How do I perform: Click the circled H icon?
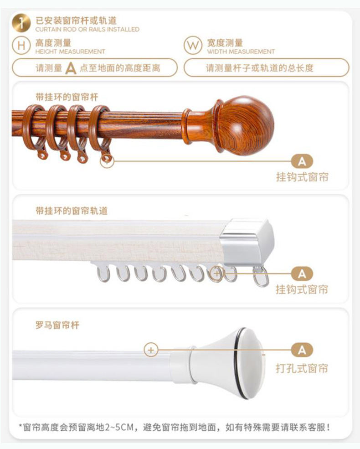pyautogui.click(x=21, y=46)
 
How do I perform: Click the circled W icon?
pyautogui.click(x=193, y=46)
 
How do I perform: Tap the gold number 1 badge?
pyautogui.click(x=21, y=24)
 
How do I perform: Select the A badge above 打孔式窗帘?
pyautogui.click(x=302, y=350)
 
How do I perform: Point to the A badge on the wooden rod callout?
pyautogui.click(x=302, y=161)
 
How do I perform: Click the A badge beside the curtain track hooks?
pyautogui.click(x=302, y=274)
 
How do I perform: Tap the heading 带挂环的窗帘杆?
pyautogui.click(x=67, y=97)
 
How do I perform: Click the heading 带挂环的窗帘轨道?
pyautogui.click(x=72, y=211)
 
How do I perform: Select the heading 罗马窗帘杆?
pyautogui.click(x=57, y=325)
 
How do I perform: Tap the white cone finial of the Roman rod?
pyautogui.click(x=237, y=362)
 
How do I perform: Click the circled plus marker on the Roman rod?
pyautogui.click(x=151, y=350)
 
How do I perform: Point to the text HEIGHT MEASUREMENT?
pyautogui.click(x=70, y=52)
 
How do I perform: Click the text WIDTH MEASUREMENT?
pyautogui.click(x=241, y=52)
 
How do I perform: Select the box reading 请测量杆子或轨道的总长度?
pyautogui.click(x=266, y=68)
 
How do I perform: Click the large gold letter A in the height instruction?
pyautogui.click(x=71, y=68)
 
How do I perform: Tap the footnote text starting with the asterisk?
pyautogui.click(x=175, y=427)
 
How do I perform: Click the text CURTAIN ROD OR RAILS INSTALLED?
pyautogui.click(x=87, y=29)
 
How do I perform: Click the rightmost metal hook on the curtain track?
pyautogui.click(x=261, y=277)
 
